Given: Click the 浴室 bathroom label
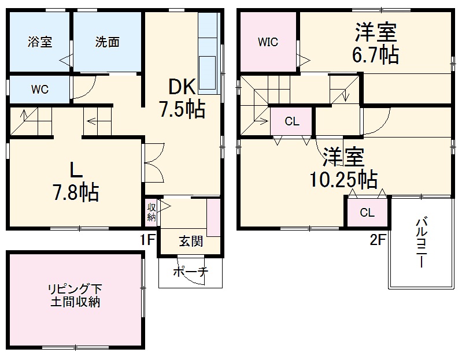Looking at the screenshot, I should pos(40,42).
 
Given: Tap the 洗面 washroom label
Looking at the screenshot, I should pos(108,42).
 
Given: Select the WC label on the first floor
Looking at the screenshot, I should pos(39,90).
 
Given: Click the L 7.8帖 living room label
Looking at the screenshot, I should pos(75,182).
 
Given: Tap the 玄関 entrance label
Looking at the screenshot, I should pos(190,241).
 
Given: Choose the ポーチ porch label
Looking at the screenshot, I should pos(190,272).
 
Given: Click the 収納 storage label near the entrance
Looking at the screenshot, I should pos(151,212).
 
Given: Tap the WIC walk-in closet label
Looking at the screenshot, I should pos(268,42).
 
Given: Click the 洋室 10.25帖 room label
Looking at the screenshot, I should pos(344,168).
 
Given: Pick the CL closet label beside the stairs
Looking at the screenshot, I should pos(292,121).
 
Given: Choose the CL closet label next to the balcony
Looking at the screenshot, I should pos(367,212).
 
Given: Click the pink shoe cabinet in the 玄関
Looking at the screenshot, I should pos(213,217).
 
